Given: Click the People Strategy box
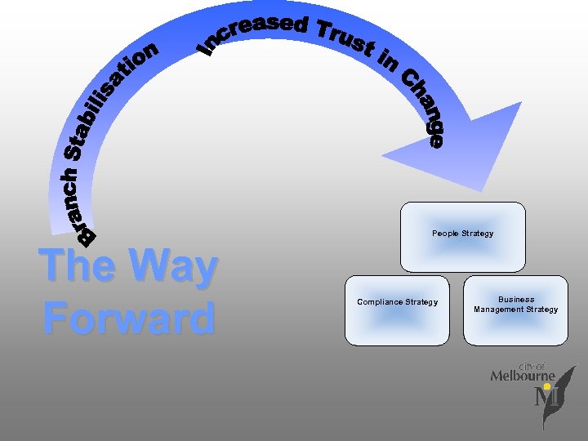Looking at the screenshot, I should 462,237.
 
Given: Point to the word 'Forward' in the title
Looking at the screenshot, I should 129,318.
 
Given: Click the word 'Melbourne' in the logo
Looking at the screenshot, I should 523,376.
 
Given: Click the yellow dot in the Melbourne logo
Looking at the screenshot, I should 546,386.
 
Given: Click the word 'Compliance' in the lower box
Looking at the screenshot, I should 381,302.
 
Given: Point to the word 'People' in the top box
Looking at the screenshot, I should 445,234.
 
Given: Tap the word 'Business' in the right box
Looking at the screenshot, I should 516,300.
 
